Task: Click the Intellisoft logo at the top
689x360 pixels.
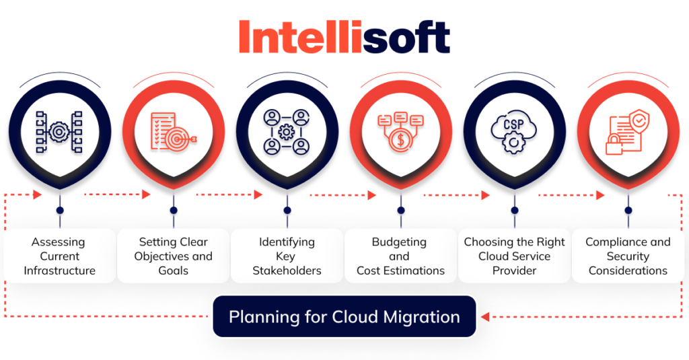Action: pos(344,36)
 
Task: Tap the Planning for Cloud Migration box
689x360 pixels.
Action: pos(344,316)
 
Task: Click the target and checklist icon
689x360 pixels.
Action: pos(174,131)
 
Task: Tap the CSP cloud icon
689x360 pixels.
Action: pos(514,131)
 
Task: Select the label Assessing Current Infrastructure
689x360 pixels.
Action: pos(60,256)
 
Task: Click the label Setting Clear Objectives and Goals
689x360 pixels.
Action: pos(174,256)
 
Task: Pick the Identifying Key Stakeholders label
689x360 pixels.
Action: pos(287,256)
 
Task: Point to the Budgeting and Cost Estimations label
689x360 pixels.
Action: pos(400,256)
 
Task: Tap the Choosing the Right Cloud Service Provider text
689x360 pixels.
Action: pos(514,256)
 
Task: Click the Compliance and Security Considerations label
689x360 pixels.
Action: pos(627,256)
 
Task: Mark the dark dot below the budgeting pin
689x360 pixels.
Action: pos(400,210)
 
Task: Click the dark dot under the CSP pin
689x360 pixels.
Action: pos(514,210)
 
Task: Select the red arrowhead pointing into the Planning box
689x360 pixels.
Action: pos(486,316)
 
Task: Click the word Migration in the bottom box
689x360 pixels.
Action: pos(425,316)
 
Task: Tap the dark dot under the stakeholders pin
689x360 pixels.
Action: pos(287,210)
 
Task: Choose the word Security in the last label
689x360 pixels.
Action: pos(627,256)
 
